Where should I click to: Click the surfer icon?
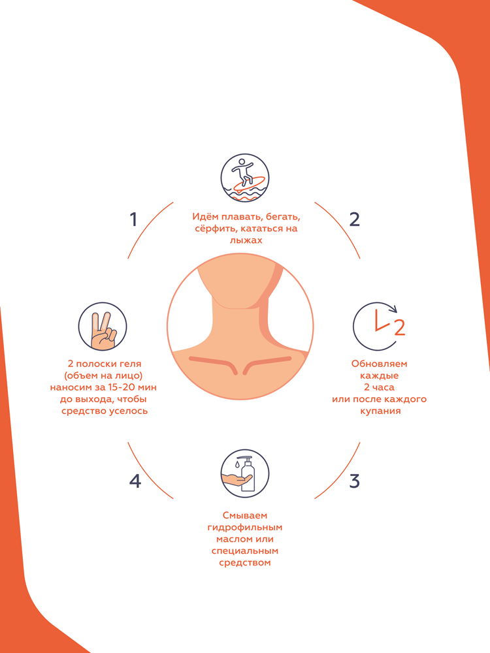[x=245, y=178]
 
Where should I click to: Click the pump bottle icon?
[x=245, y=473]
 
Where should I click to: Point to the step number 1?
[x=133, y=219]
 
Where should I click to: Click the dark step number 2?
[x=354, y=219]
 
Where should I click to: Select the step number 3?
[x=354, y=481]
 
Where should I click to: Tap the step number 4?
[x=135, y=481]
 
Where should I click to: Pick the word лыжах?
[x=246, y=240]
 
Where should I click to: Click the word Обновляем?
[x=379, y=364]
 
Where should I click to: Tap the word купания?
[x=380, y=411]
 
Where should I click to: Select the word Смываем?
[x=245, y=516]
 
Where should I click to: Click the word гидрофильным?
[x=245, y=528]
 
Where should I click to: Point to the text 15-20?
[x=122, y=387]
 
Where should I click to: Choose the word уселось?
[x=128, y=411]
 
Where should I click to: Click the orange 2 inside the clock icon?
[x=400, y=328]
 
